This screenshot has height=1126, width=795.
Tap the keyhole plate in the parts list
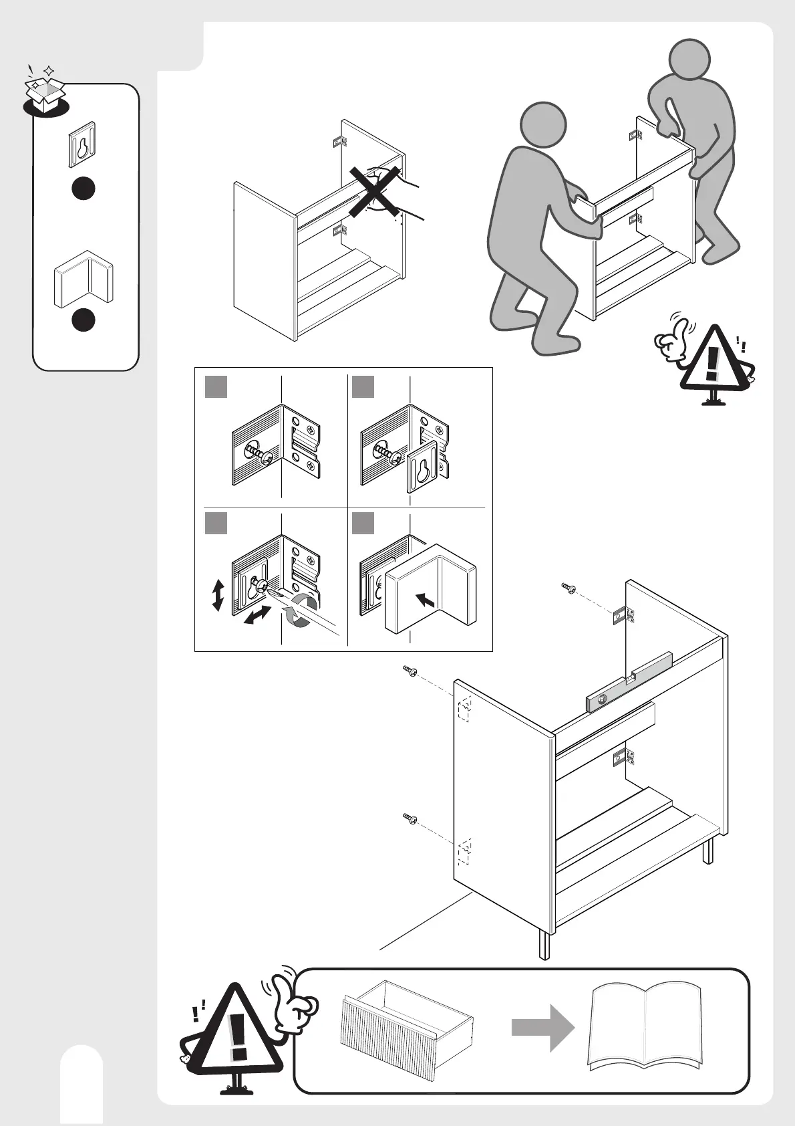click(x=82, y=144)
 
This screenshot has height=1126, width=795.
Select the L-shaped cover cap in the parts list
click(x=84, y=279)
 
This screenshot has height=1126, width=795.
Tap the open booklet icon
click(x=645, y=1026)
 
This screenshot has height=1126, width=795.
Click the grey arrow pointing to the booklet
click(x=542, y=1027)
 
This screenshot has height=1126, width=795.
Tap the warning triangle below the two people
click(x=712, y=359)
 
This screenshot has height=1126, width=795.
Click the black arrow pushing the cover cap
click(x=425, y=599)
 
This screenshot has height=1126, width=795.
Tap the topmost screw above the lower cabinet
click(x=569, y=588)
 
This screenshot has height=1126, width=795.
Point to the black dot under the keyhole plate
click(x=84, y=189)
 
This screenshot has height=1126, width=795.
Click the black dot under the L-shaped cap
click(x=84, y=320)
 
